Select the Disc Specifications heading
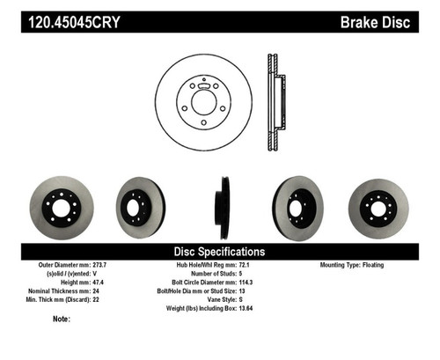(219, 252)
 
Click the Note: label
(61, 320)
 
